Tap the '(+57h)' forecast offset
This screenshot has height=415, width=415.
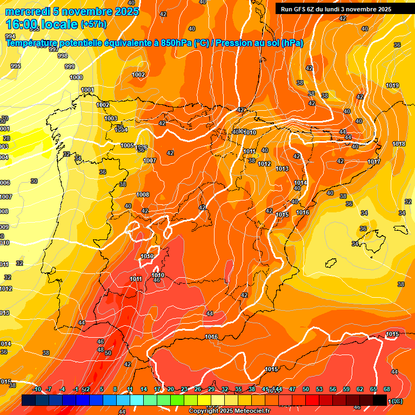pos(93,24)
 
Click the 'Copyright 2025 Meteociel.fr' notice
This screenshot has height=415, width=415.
pos(230,411)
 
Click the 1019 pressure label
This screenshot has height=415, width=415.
pos(392,85)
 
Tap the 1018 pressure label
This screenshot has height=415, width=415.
pos(399,144)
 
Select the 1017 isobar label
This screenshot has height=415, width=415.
pos(374,162)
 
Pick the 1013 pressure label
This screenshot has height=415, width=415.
pos(282,169)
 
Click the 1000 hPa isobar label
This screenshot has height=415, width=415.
pos(76,77)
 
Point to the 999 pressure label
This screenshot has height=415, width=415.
pos(70,66)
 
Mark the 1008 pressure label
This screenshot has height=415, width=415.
pos(143,195)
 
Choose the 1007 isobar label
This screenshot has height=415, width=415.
pos(150,160)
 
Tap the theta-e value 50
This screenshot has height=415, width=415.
pos(108,353)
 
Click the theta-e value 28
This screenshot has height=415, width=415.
pos(6,138)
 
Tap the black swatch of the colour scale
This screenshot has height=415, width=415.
pos(379,400)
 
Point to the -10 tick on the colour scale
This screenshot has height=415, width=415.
pos(37,389)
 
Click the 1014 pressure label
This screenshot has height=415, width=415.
pos(300,183)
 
